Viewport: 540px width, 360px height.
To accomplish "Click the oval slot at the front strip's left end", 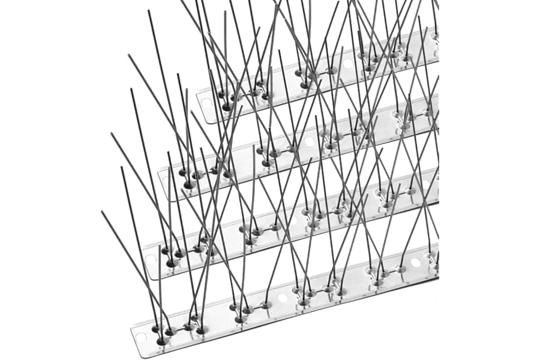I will point(142,337).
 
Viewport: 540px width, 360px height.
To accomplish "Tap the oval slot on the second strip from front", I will point(151,260).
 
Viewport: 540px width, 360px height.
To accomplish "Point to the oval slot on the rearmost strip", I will point(207,103).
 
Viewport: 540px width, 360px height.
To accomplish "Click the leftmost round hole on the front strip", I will point(282,298).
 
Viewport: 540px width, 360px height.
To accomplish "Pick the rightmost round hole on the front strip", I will point(415,263).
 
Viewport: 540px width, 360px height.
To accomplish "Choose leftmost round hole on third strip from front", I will point(309,142).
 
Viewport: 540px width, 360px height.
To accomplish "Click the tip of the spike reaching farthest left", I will point(102,211).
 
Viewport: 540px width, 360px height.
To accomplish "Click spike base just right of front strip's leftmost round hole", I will point(298,294).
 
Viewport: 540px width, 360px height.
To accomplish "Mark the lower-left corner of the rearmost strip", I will point(207,122).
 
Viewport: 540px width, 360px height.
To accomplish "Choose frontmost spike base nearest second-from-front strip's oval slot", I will point(172,263).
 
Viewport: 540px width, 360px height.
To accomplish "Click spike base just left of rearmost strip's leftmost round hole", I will point(331,71).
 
